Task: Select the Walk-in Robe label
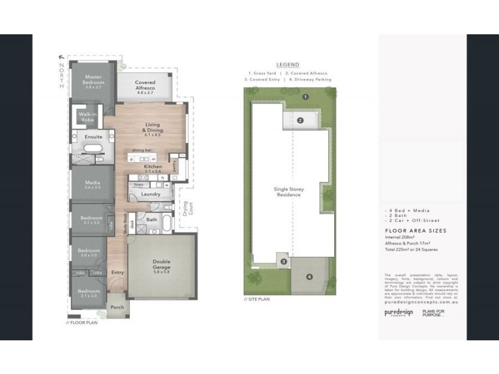[x=86, y=116]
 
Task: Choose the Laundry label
[x=151, y=194]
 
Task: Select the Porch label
[x=117, y=307]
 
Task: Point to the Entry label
[x=117, y=272]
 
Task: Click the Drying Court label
[x=185, y=210]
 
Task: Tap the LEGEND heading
[x=288, y=64]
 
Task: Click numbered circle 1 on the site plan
[x=306, y=97]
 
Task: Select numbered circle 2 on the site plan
[x=300, y=120]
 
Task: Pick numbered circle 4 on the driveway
[x=309, y=276]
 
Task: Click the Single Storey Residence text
[x=288, y=192]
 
